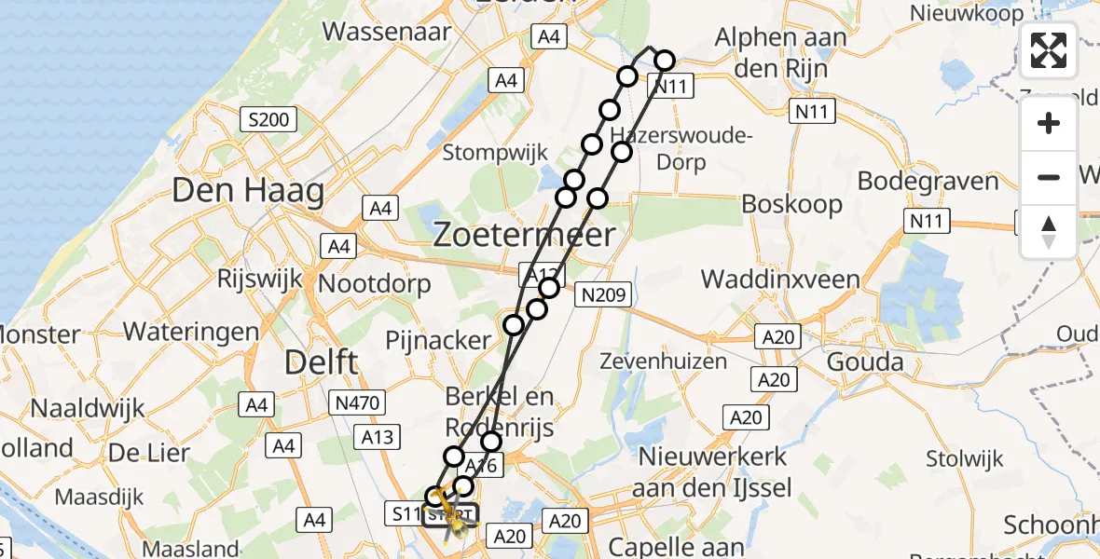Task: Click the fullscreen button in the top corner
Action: (1049, 50)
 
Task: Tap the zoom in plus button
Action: (1049, 123)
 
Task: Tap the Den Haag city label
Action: (248, 192)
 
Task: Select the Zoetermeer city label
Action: (524, 235)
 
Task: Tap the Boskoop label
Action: (791, 204)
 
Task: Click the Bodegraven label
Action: (928, 181)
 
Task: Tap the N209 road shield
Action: (603, 295)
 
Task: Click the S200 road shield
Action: (267, 119)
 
